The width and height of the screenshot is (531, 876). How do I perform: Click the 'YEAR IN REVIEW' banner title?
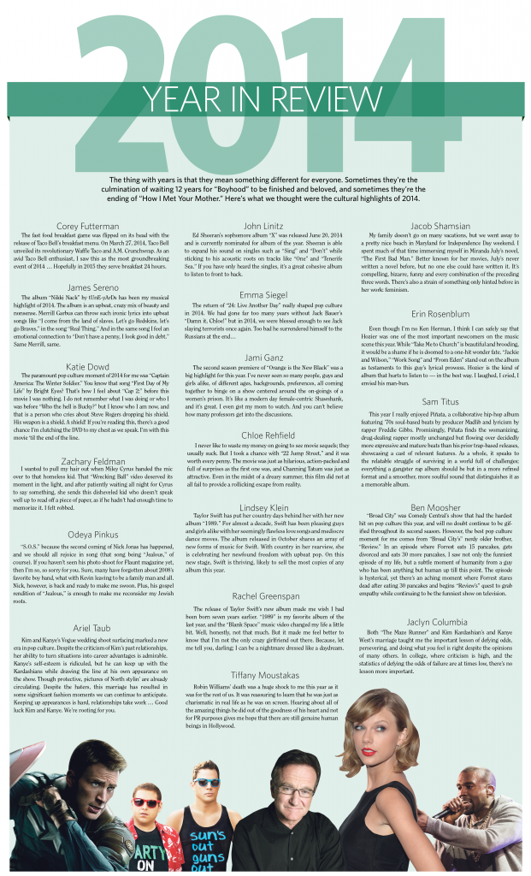(x=265, y=98)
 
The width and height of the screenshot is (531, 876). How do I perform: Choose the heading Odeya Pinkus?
(x=89, y=511)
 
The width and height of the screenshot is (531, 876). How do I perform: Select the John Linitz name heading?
(x=265, y=226)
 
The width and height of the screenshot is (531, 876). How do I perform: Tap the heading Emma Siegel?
(x=265, y=294)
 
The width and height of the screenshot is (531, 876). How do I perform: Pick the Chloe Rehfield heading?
(x=265, y=435)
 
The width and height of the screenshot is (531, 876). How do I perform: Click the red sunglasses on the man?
(x=145, y=802)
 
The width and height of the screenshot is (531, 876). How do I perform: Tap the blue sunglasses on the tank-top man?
(x=208, y=782)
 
